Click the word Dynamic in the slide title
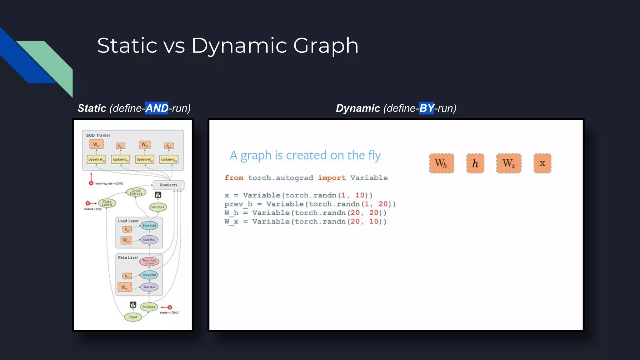tap(239, 46)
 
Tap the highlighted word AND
tap(157, 108)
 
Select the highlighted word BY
tap(426, 108)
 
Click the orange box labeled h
tap(475, 163)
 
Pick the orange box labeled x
tap(542, 163)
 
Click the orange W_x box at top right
tap(509, 163)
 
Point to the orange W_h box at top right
tap(441, 163)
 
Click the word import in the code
tap(332, 178)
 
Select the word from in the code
tap(234, 178)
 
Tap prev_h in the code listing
tap(238, 204)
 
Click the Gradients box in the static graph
tap(168, 185)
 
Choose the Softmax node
tap(157, 207)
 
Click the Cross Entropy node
tap(136, 192)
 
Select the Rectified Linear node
tap(149, 262)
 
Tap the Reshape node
tap(149, 307)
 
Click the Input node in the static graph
tap(133, 317)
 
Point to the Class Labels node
tap(107, 203)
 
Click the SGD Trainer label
tap(98, 135)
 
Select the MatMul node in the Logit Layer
tap(149, 240)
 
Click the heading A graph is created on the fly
tap(305, 155)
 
